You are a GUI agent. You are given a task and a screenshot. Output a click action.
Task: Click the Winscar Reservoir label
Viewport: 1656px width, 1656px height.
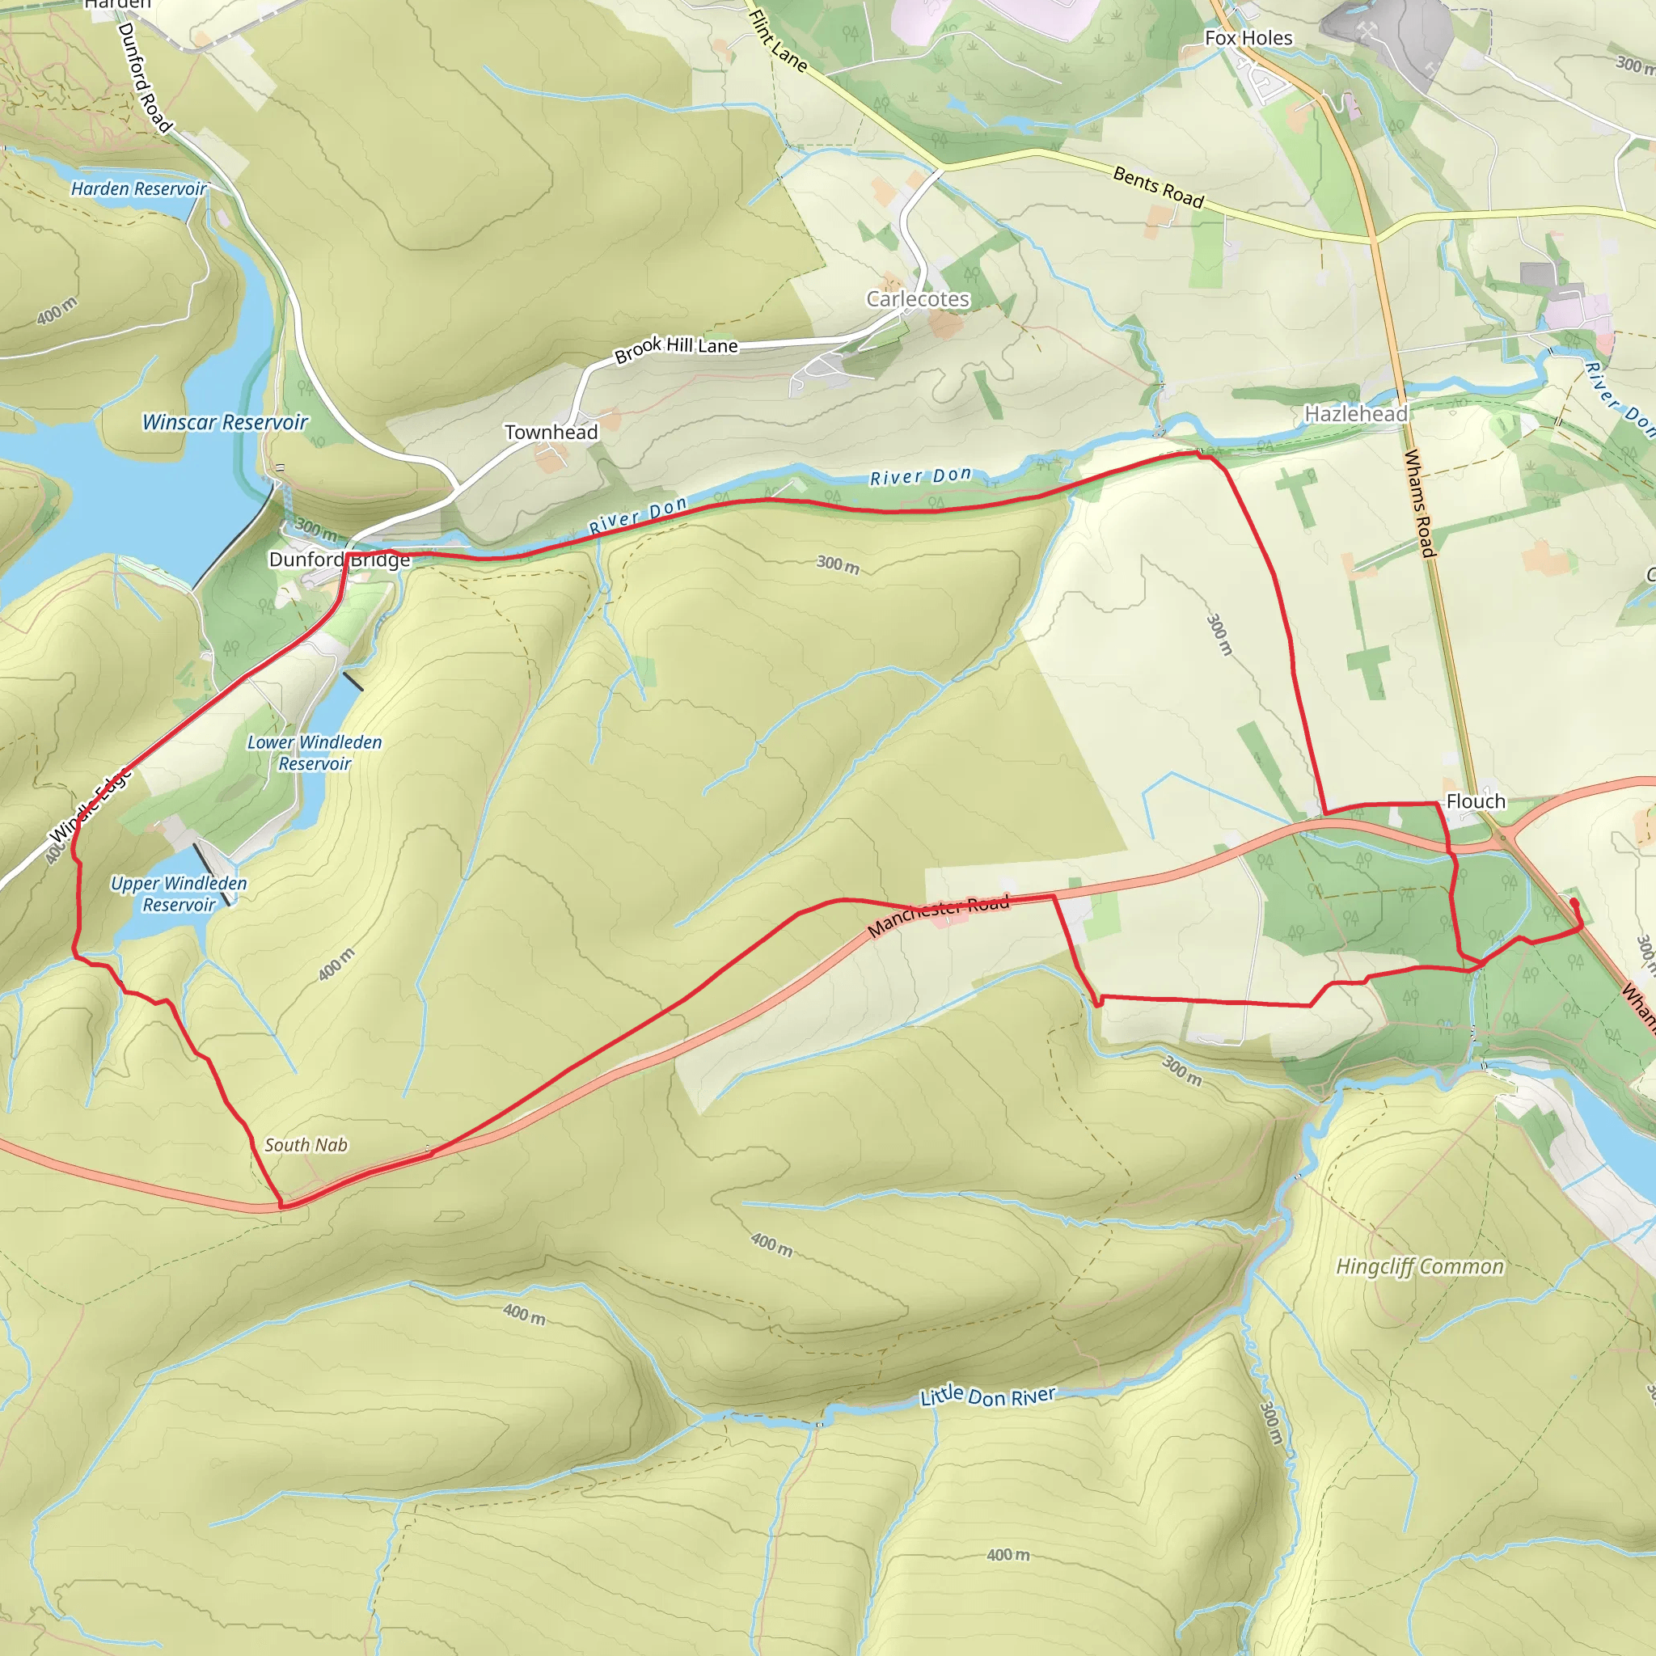[x=225, y=423]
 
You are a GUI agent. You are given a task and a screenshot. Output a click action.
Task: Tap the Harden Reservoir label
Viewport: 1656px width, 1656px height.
[x=138, y=188]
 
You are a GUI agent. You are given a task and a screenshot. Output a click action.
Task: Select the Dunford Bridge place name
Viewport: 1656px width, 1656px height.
[x=340, y=560]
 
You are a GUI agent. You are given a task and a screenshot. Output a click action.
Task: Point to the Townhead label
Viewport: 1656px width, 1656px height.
[x=551, y=432]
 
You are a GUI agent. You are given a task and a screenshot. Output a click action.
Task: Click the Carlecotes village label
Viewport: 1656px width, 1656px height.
[x=917, y=299]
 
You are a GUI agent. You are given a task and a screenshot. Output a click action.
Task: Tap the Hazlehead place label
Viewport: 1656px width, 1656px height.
[x=1356, y=414]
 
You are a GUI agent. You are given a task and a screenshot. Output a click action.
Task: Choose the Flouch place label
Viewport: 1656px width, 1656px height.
[x=1475, y=801]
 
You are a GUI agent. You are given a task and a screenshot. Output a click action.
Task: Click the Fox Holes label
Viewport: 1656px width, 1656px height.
[x=1248, y=38]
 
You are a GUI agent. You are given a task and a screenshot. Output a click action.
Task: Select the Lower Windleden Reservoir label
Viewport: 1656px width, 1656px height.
[x=315, y=753]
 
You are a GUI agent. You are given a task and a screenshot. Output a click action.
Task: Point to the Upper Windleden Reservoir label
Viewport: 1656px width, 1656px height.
[x=180, y=893]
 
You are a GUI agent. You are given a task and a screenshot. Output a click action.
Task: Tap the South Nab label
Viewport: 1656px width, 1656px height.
[x=306, y=1144]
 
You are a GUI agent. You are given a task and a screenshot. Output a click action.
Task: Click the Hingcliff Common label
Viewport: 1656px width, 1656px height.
[x=1419, y=1267]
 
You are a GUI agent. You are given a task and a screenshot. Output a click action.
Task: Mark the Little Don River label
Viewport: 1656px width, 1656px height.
[x=987, y=1396]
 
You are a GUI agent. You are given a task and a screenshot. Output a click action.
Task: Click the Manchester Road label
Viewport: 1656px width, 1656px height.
[x=939, y=915]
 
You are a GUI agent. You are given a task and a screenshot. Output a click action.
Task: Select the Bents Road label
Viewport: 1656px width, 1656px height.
[x=1159, y=187]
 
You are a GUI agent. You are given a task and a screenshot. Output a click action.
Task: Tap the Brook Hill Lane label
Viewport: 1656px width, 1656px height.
[x=675, y=348]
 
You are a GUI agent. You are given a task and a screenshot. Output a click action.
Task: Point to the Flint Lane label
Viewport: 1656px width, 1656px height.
[x=777, y=40]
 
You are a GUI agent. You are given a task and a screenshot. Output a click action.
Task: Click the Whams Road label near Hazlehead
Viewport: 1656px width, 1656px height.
[x=1419, y=503]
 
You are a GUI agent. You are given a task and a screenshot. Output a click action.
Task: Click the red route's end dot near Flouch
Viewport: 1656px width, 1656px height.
[x=1574, y=902]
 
